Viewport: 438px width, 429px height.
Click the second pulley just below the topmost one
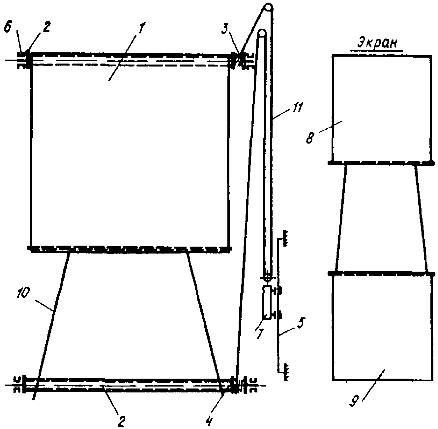[x=262, y=33]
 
